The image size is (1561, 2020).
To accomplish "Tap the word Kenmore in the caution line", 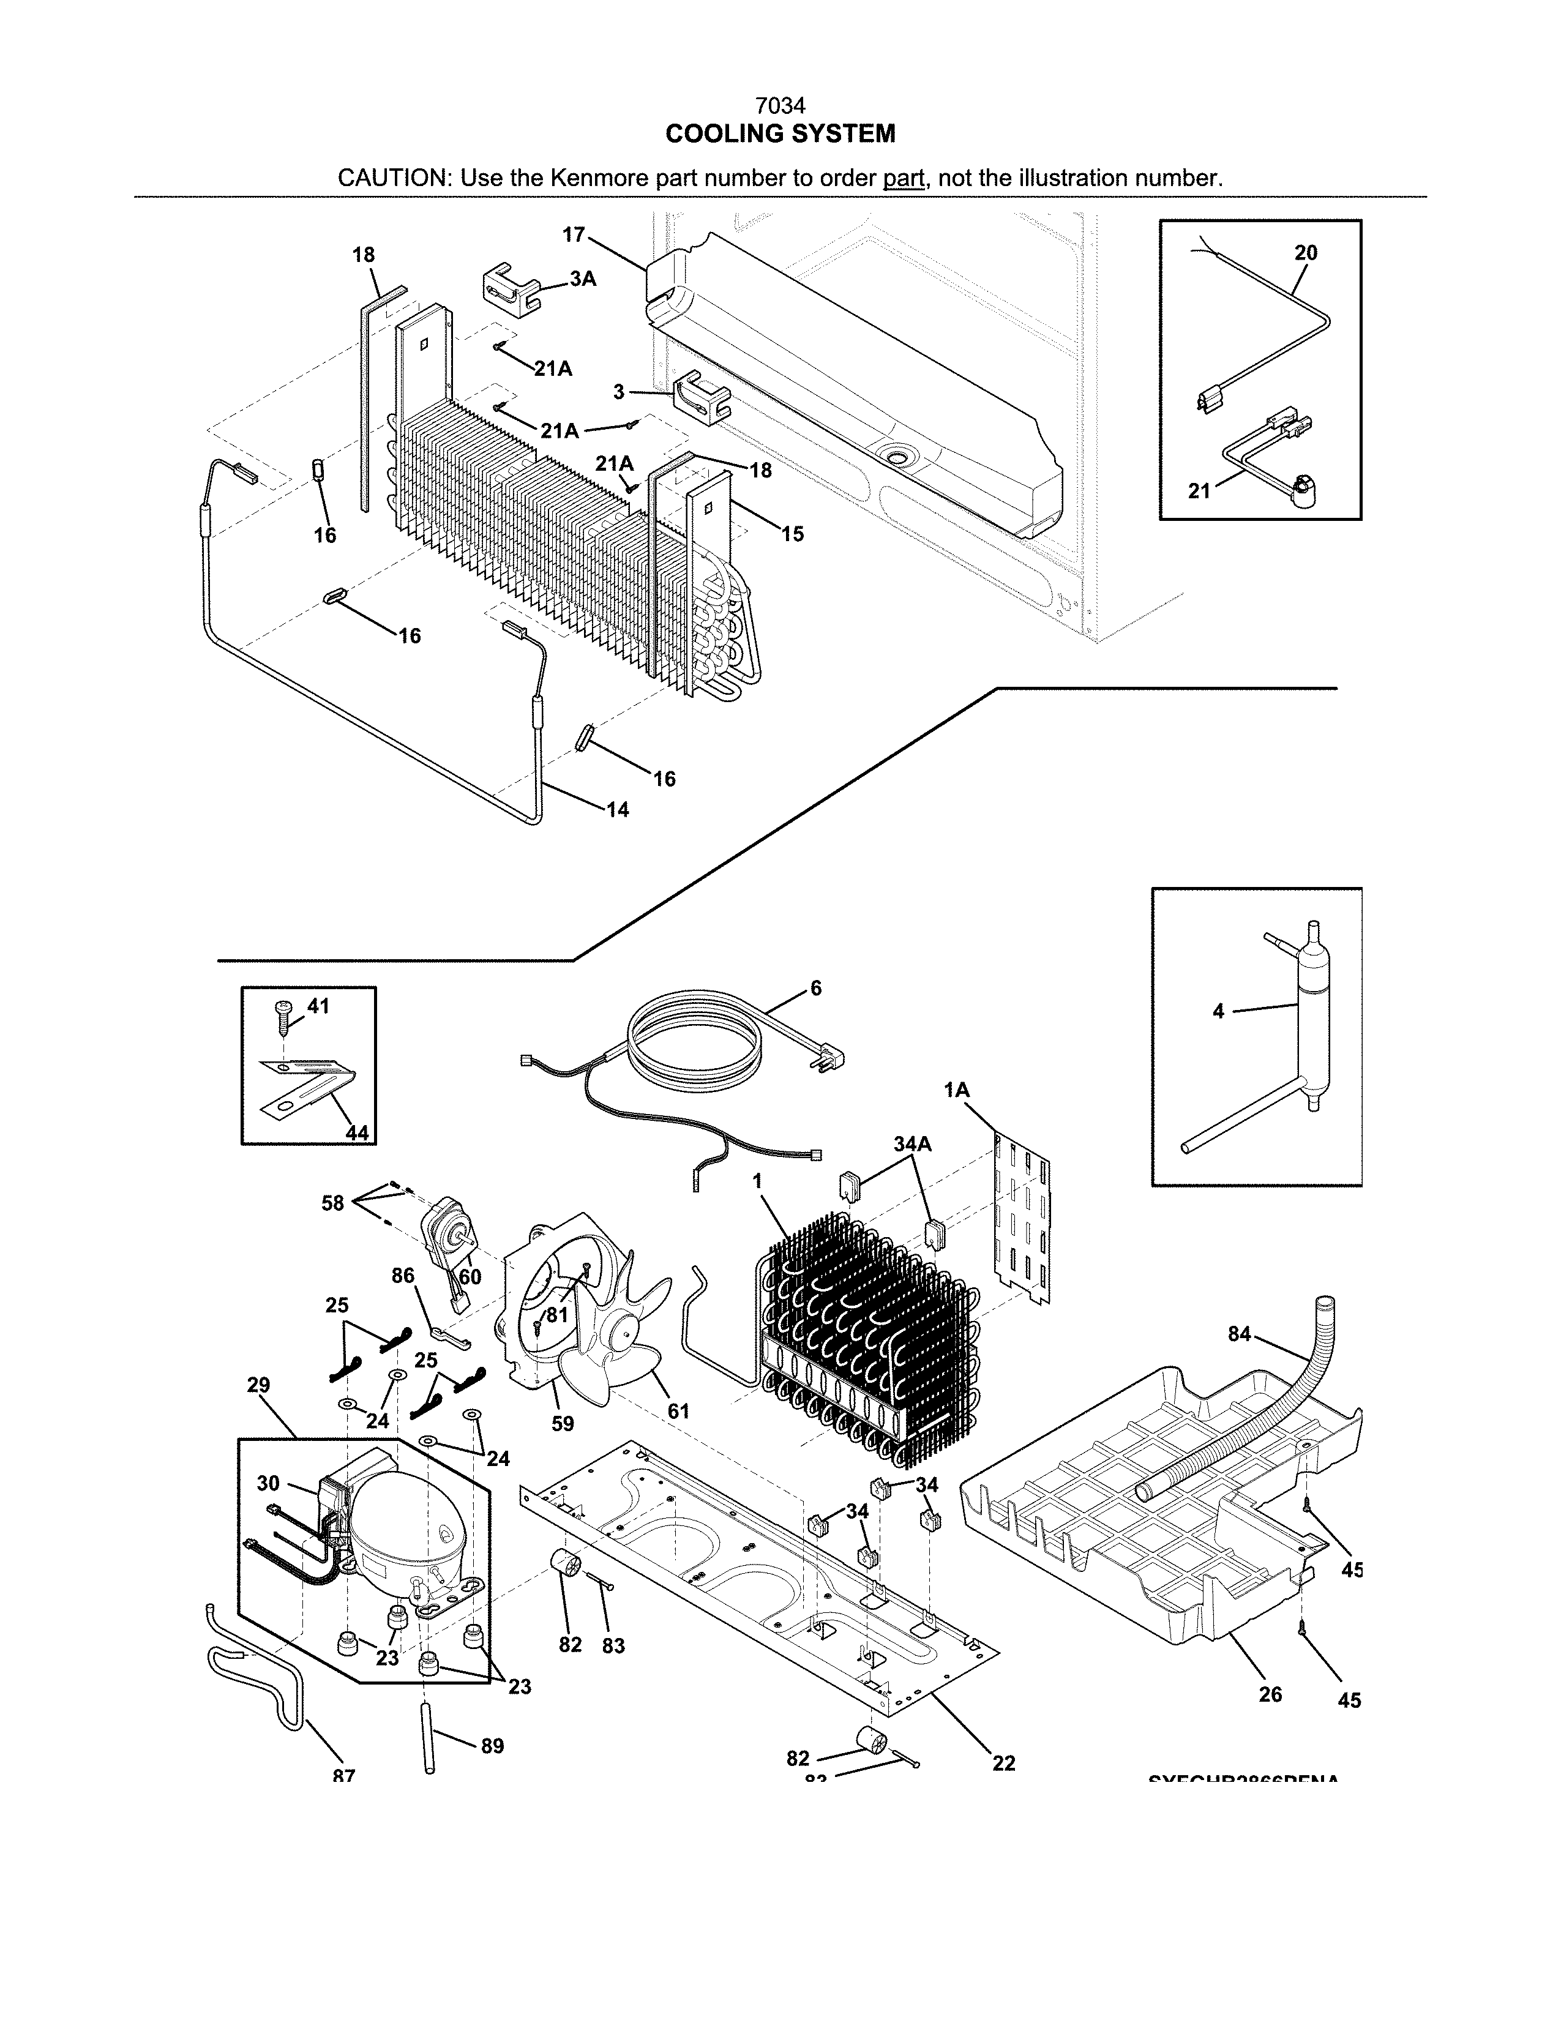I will pos(600,178).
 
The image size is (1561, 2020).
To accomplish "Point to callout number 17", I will pos(574,235).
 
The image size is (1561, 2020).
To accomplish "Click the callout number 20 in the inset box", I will pos(1306,252).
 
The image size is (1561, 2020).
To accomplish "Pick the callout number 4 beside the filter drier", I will pos(1218,1012).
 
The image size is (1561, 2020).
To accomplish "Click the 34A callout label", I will pos(912,1144).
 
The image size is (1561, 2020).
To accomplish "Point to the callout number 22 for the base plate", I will pos(1003,1763).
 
